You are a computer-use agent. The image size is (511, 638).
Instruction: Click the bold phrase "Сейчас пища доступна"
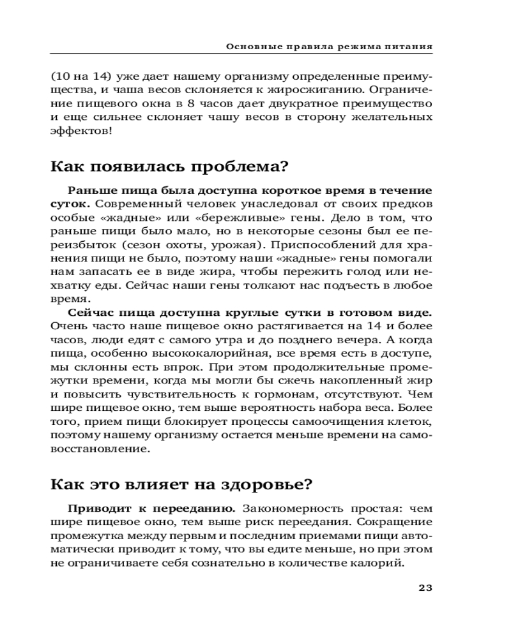tap(144, 313)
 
